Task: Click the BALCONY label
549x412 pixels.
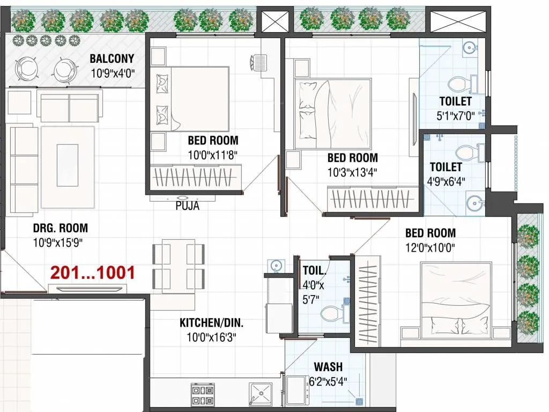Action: (112, 58)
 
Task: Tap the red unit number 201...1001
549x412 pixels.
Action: (92, 273)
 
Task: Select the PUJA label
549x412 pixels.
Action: (187, 206)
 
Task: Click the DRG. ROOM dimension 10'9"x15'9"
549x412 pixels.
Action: (57, 242)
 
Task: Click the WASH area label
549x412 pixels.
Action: (328, 367)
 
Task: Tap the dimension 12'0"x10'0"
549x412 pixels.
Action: (430, 247)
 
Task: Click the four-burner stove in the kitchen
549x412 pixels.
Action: (203, 395)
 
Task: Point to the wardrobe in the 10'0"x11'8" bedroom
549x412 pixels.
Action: (196, 177)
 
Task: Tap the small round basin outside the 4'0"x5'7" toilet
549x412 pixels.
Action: (276, 265)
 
